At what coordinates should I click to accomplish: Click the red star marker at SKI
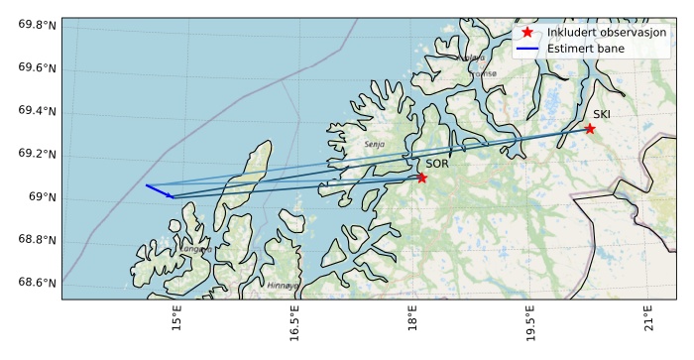(590, 129)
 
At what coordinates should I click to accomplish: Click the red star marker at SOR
(422, 178)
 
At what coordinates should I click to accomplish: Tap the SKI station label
(602, 115)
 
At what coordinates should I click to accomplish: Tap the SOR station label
(437, 164)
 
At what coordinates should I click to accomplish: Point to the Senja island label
(374, 145)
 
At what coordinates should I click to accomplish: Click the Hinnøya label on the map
(283, 286)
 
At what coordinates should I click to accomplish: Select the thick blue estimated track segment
(159, 191)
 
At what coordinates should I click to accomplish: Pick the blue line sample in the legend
(526, 48)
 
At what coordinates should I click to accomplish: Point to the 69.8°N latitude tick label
(37, 24)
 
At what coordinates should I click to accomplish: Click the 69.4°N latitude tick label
(37, 111)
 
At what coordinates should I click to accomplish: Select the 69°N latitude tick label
(42, 197)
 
